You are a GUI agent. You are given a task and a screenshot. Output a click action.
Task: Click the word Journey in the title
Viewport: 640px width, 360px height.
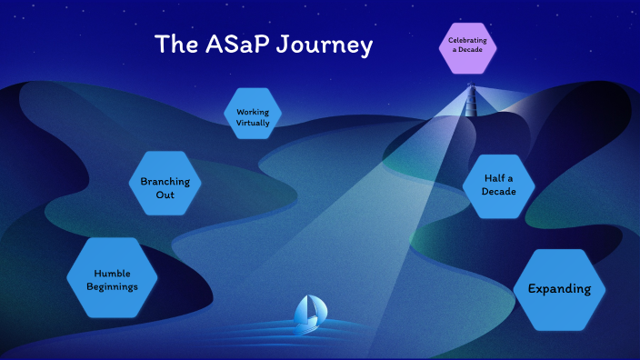[325, 44]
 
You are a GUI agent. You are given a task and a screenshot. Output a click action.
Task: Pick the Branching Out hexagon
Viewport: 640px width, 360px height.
[165, 187]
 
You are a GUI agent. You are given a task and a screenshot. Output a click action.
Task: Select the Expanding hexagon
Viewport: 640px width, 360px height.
[559, 289]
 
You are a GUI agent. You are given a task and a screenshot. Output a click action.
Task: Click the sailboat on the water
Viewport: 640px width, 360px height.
[308, 313]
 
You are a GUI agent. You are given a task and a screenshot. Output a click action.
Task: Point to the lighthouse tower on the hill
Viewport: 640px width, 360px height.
[471, 98]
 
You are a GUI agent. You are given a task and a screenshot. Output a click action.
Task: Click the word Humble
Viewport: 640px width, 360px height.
[112, 273]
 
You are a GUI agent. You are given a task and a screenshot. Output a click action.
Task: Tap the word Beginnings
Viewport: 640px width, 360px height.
[112, 286]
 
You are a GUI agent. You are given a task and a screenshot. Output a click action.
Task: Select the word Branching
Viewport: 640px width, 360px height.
[165, 181]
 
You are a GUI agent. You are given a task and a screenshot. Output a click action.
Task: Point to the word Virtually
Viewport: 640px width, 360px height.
[252, 123]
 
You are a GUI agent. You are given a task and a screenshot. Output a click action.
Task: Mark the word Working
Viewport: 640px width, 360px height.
[252, 112]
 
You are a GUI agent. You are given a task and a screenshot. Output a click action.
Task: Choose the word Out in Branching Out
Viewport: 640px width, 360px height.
[165, 195]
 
